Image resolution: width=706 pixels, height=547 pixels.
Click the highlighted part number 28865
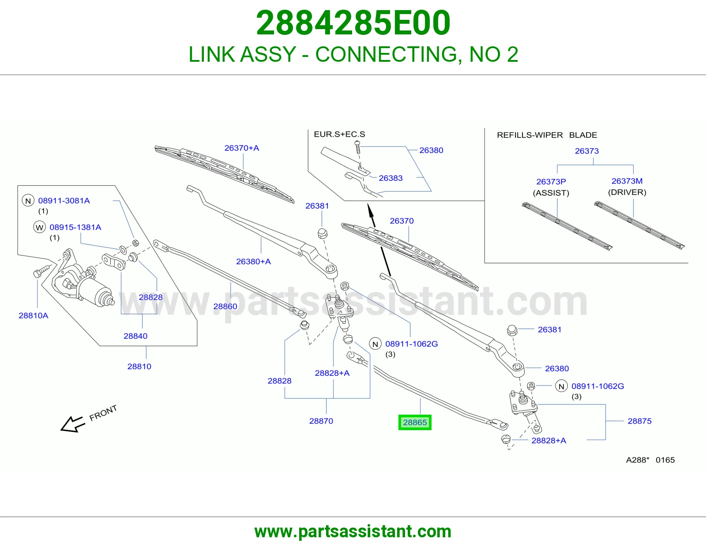(415, 422)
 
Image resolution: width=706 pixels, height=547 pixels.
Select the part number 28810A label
(34, 315)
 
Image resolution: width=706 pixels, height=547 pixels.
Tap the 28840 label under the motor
(135, 336)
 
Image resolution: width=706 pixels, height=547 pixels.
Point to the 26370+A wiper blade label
(242, 148)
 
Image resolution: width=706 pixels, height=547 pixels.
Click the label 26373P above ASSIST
(551, 182)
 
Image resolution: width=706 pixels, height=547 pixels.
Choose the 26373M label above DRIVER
(627, 181)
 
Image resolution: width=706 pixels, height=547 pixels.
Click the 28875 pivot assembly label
(639, 421)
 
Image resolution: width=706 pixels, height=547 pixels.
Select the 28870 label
(321, 421)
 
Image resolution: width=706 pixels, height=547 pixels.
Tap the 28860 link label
(225, 306)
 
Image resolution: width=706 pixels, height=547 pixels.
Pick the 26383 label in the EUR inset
(391, 178)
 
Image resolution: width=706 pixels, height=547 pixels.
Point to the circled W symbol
(39, 227)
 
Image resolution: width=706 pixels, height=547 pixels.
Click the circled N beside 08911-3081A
(28, 201)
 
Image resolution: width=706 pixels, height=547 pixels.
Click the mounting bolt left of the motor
(41, 271)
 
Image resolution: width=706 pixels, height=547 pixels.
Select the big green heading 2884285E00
(353, 23)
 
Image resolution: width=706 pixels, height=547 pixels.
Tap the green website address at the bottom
(353, 532)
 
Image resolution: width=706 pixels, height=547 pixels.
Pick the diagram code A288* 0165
(650, 460)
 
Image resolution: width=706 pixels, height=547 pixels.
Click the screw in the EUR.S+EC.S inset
(357, 147)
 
